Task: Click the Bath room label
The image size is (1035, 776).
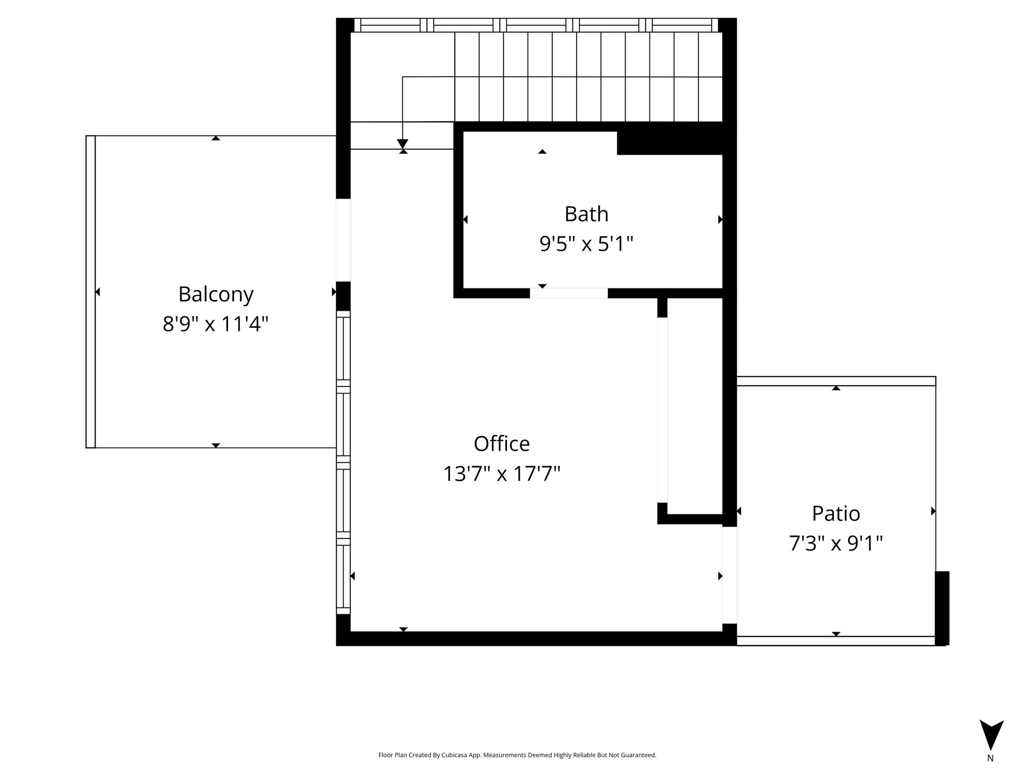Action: click(x=586, y=214)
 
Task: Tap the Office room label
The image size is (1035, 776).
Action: click(x=502, y=444)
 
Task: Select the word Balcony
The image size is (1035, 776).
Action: click(x=216, y=295)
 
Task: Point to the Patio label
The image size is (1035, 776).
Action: click(x=836, y=513)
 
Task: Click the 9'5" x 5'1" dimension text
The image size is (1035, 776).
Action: click(x=586, y=244)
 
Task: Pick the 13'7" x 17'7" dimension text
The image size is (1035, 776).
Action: click(x=502, y=474)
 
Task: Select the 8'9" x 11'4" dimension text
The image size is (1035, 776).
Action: click(x=215, y=324)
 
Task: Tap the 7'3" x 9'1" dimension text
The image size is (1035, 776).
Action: click(x=836, y=544)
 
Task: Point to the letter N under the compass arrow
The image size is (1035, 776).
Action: click(x=990, y=758)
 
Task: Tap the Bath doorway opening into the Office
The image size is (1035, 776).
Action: click(x=569, y=293)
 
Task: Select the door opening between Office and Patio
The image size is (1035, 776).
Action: click(x=729, y=575)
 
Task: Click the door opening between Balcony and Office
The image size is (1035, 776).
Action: click(x=343, y=240)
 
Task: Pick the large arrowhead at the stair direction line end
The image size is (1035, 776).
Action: click(x=403, y=144)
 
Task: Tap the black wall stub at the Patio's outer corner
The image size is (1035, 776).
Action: click(x=942, y=608)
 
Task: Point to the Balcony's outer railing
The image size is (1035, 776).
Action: click(x=90, y=292)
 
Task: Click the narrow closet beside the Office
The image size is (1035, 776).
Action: click(x=695, y=406)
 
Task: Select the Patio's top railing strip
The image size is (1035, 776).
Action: click(x=836, y=381)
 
